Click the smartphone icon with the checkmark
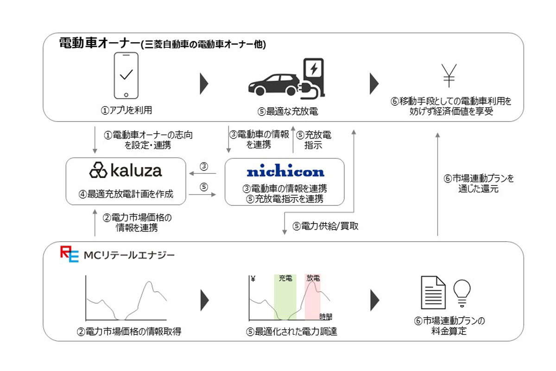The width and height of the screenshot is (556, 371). pos(127,76)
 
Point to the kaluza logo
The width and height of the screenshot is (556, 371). pos(126,170)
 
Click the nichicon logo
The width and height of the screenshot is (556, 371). pos(285,172)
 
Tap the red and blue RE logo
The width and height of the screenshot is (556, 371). pos(69,255)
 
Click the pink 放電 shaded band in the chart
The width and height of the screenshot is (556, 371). pos(313,297)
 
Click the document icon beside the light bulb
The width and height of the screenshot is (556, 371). pos(433,293)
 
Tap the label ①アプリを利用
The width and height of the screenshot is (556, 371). pos(127,110)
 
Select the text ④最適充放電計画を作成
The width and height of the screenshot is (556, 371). pos(126,194)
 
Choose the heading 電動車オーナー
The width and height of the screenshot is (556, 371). pos(99,43)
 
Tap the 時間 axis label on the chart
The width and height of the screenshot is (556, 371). pos(326,317)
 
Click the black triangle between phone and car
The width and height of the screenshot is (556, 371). pos(204,83)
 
